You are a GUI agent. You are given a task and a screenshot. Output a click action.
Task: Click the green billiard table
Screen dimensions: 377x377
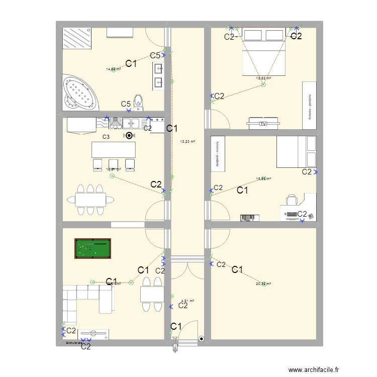tap(93, 248)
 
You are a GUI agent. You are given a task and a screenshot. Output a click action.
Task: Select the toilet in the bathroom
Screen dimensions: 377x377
tap(139, 103)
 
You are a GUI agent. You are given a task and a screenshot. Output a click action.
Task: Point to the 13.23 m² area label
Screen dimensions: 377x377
tap(187, 141)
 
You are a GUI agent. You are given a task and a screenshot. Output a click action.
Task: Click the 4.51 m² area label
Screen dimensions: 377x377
tap(187, 302)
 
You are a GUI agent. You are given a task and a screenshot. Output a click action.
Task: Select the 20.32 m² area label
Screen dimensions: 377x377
tap(263, 284)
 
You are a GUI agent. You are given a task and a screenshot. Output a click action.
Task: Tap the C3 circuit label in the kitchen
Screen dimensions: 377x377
tap(106, 137)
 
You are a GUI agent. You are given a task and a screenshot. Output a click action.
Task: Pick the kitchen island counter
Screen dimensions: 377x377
tap(113, 150)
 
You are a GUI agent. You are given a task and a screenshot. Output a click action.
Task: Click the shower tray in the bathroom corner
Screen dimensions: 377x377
tap(77, 38)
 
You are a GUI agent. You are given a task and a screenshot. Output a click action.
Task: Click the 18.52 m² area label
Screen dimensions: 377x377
tap(263, 78)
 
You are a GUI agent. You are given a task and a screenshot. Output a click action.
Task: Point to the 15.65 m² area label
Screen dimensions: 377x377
tap(263, 178)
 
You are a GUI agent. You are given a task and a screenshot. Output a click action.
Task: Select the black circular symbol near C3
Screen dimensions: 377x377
tap(129, 135)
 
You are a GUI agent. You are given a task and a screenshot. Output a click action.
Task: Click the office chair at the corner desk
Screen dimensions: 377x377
tap(292, 201)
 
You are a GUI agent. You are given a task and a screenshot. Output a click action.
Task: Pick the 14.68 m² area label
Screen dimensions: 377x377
tap(113, 69)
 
